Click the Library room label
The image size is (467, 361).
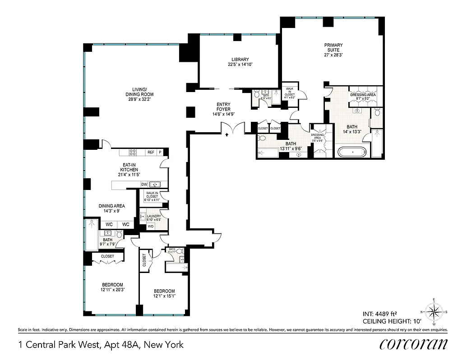pyautogui.click(x=240, y=60)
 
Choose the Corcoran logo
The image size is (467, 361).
pyautogui.click(x=414, y=344)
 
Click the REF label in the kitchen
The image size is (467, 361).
pyautogui.click(x=151, y=153)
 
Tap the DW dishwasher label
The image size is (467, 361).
pyautogui.click(x=144, y=185)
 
